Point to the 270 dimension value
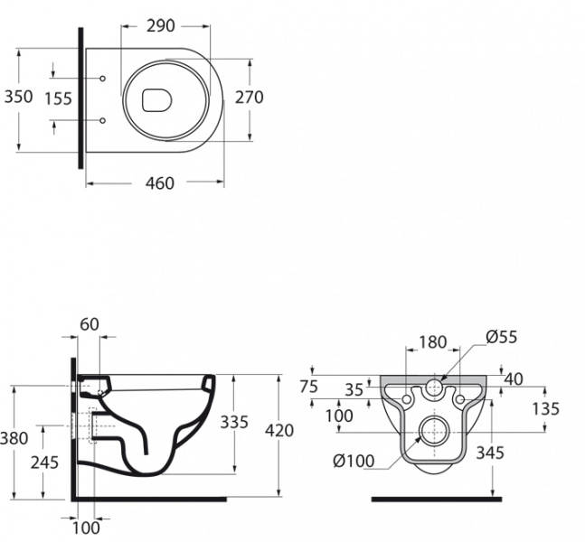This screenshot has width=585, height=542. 249,98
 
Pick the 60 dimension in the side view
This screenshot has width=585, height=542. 90,324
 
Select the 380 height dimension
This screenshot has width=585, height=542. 14,438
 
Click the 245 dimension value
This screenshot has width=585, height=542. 45,463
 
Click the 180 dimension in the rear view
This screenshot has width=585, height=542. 433,342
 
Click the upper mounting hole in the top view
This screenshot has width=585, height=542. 103,79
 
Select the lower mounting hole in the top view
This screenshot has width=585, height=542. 103,119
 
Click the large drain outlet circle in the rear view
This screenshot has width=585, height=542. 435,430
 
